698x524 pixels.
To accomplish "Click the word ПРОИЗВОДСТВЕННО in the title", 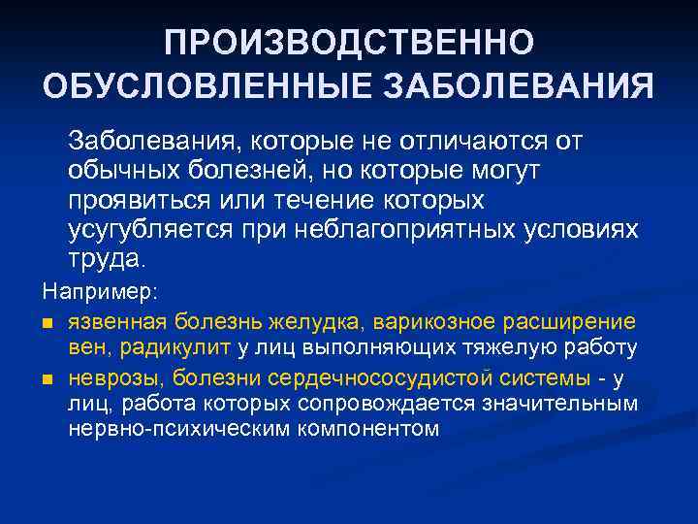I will [348, 44].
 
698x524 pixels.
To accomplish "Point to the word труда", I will [104, 259].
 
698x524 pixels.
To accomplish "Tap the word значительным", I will [563, 403].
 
